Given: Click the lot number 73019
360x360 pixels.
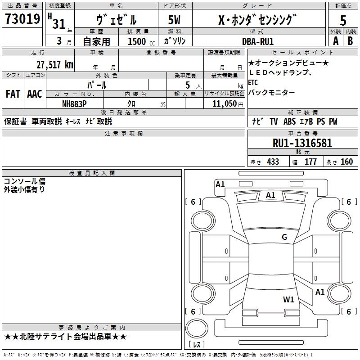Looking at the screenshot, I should coord(22,19).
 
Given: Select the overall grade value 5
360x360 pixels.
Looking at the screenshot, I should coord(343,20).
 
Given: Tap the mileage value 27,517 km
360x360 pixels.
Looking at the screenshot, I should coord(54,64).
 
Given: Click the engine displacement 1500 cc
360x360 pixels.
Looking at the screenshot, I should coord(138,41).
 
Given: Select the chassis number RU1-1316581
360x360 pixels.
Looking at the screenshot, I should coord(302,143).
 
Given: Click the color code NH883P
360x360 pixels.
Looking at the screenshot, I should coord(74,103).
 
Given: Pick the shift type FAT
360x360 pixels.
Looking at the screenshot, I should coord(13,94).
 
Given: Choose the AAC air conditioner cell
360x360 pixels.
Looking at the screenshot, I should coord(35,94).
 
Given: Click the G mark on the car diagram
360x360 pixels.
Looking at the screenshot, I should coord(284,237).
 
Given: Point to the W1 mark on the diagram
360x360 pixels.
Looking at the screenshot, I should coord(288,299).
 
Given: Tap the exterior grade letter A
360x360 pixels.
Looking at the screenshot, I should coord(335,41).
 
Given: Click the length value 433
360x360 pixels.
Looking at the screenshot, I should coord(273,162).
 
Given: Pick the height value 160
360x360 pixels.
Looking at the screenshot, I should coord(346,162).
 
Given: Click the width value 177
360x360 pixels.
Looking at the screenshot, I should coord(310,162).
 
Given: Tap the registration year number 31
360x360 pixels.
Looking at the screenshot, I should coord(58,24).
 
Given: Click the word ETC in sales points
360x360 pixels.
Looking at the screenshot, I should coord(253,83).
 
